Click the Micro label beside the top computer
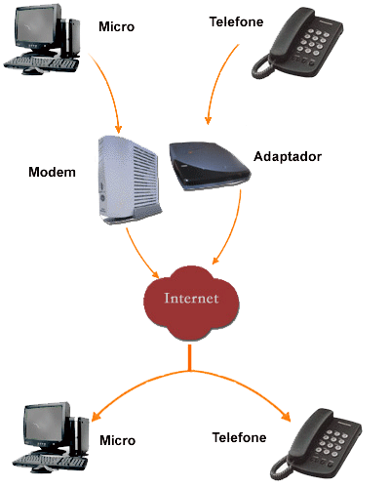[x=116, y=26]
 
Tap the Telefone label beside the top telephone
[x=236, y=21]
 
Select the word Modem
[x=52, y=172]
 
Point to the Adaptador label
[x=288, y=157]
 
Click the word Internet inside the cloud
[x=191, y=298]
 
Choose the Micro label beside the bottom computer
[x=117, y=440]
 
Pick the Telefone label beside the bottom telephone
[x=239, y=437]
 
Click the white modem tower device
[x=130, y=180]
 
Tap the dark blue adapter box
[x=210, y=165]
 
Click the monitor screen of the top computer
[x=34, y=26]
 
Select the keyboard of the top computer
[x=41, y=63]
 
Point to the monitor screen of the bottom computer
[x=43, y=425]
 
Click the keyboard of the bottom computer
[x=50, y=462]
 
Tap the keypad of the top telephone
[x=311, y=42]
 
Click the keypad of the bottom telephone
[x=330, y=443]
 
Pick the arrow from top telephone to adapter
[x=217, y=81]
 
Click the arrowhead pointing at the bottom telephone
[x=286, y=417]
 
